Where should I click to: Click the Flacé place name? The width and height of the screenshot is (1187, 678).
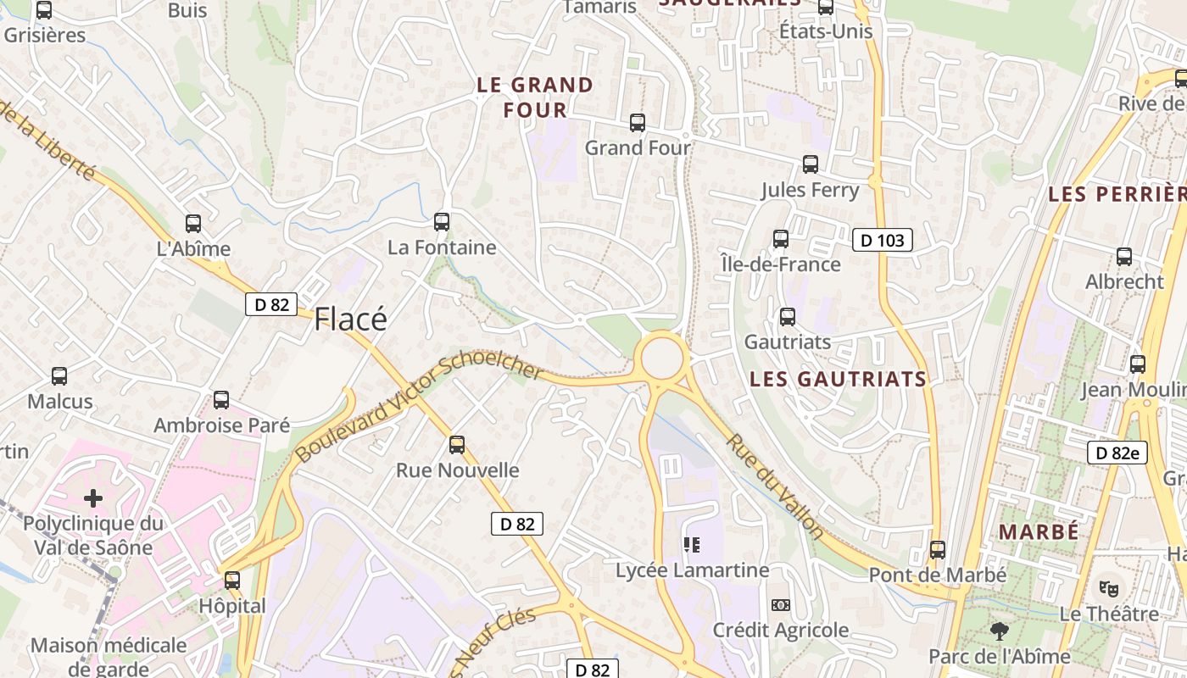tap(350, 319)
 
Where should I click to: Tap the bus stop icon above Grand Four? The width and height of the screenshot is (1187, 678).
tap(638, 123)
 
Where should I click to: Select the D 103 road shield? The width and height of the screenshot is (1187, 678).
tap(882, 241)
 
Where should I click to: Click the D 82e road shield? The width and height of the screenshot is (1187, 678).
tap(1117, 453)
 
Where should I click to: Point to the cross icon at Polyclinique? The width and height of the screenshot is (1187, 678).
tap(93, 498)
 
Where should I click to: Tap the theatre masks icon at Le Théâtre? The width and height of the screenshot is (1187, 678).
tap(1108, 587)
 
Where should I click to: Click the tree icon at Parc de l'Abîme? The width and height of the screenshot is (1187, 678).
tap(1000, 631)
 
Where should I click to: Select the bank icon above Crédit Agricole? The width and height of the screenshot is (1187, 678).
tap(780, 605)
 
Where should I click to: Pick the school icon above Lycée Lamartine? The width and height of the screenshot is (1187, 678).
tap(692, 545)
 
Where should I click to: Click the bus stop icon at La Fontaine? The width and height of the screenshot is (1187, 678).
tap(441, 222)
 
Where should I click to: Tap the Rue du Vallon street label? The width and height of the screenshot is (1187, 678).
tap(774, 486)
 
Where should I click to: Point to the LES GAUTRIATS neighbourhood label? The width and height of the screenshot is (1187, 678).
tap(838, 379)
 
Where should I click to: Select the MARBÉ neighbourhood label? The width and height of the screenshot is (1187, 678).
tap(1039, 532)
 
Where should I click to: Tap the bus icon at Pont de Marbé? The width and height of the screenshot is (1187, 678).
tap(937, 550)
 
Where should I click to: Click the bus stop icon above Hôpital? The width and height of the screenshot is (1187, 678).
tap(231, 581)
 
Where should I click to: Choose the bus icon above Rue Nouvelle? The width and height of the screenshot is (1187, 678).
tap(457, 444)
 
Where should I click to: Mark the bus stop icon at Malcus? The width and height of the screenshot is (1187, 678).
tap(59, 375)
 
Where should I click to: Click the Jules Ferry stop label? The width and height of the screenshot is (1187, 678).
tap(810, 190)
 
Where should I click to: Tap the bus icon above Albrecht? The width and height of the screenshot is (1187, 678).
tap(1124, 256)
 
